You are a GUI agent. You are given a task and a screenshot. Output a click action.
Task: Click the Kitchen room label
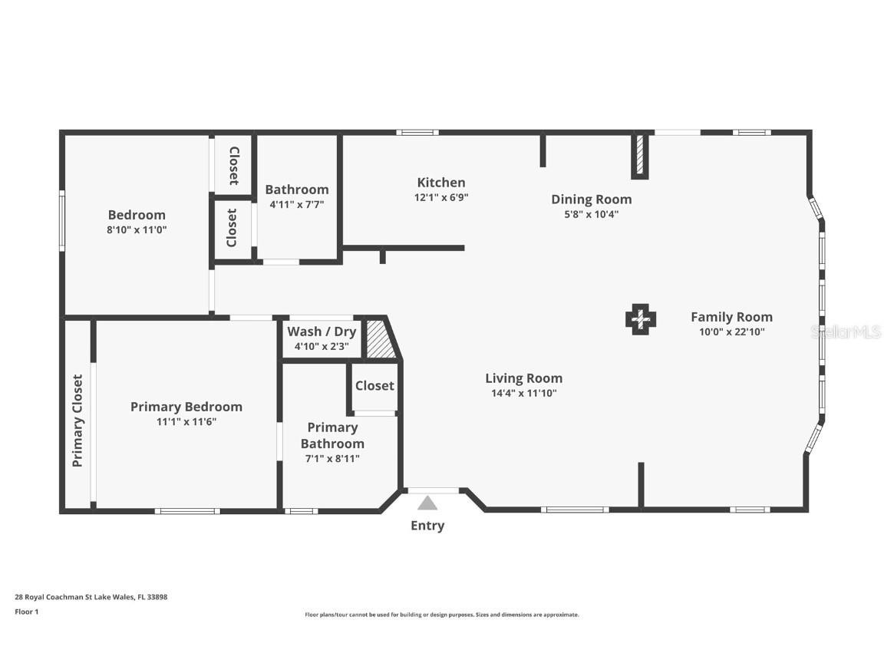(441, 182)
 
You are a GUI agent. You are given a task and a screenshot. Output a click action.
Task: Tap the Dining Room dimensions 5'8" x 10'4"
(592, 214)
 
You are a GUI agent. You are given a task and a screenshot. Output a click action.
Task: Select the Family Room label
(732, 317)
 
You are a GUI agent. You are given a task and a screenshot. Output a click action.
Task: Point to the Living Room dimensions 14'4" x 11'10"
(524, 393)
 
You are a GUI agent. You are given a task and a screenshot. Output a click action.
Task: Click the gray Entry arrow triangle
(427, 503)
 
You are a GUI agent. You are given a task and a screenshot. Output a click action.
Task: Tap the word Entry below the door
(427, 526)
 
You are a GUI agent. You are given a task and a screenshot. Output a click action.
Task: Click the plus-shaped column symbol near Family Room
(641, 320)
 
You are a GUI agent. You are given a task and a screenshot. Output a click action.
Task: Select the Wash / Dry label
(322, 331)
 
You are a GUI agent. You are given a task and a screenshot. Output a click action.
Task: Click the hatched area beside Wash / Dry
(381, 339)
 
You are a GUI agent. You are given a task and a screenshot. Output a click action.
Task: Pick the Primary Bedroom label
(186, 407)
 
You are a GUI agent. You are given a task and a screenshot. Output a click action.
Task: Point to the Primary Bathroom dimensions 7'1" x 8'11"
(332, 459)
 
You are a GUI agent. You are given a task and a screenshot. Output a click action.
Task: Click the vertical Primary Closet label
(78, 421)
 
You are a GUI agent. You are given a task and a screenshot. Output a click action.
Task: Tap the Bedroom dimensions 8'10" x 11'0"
(137, 230)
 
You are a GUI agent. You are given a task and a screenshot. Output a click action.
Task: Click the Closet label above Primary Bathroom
(374, 386)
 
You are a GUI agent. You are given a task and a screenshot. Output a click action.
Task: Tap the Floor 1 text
(27, 612)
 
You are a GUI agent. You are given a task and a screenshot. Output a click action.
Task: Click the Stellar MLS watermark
(846, 331)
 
